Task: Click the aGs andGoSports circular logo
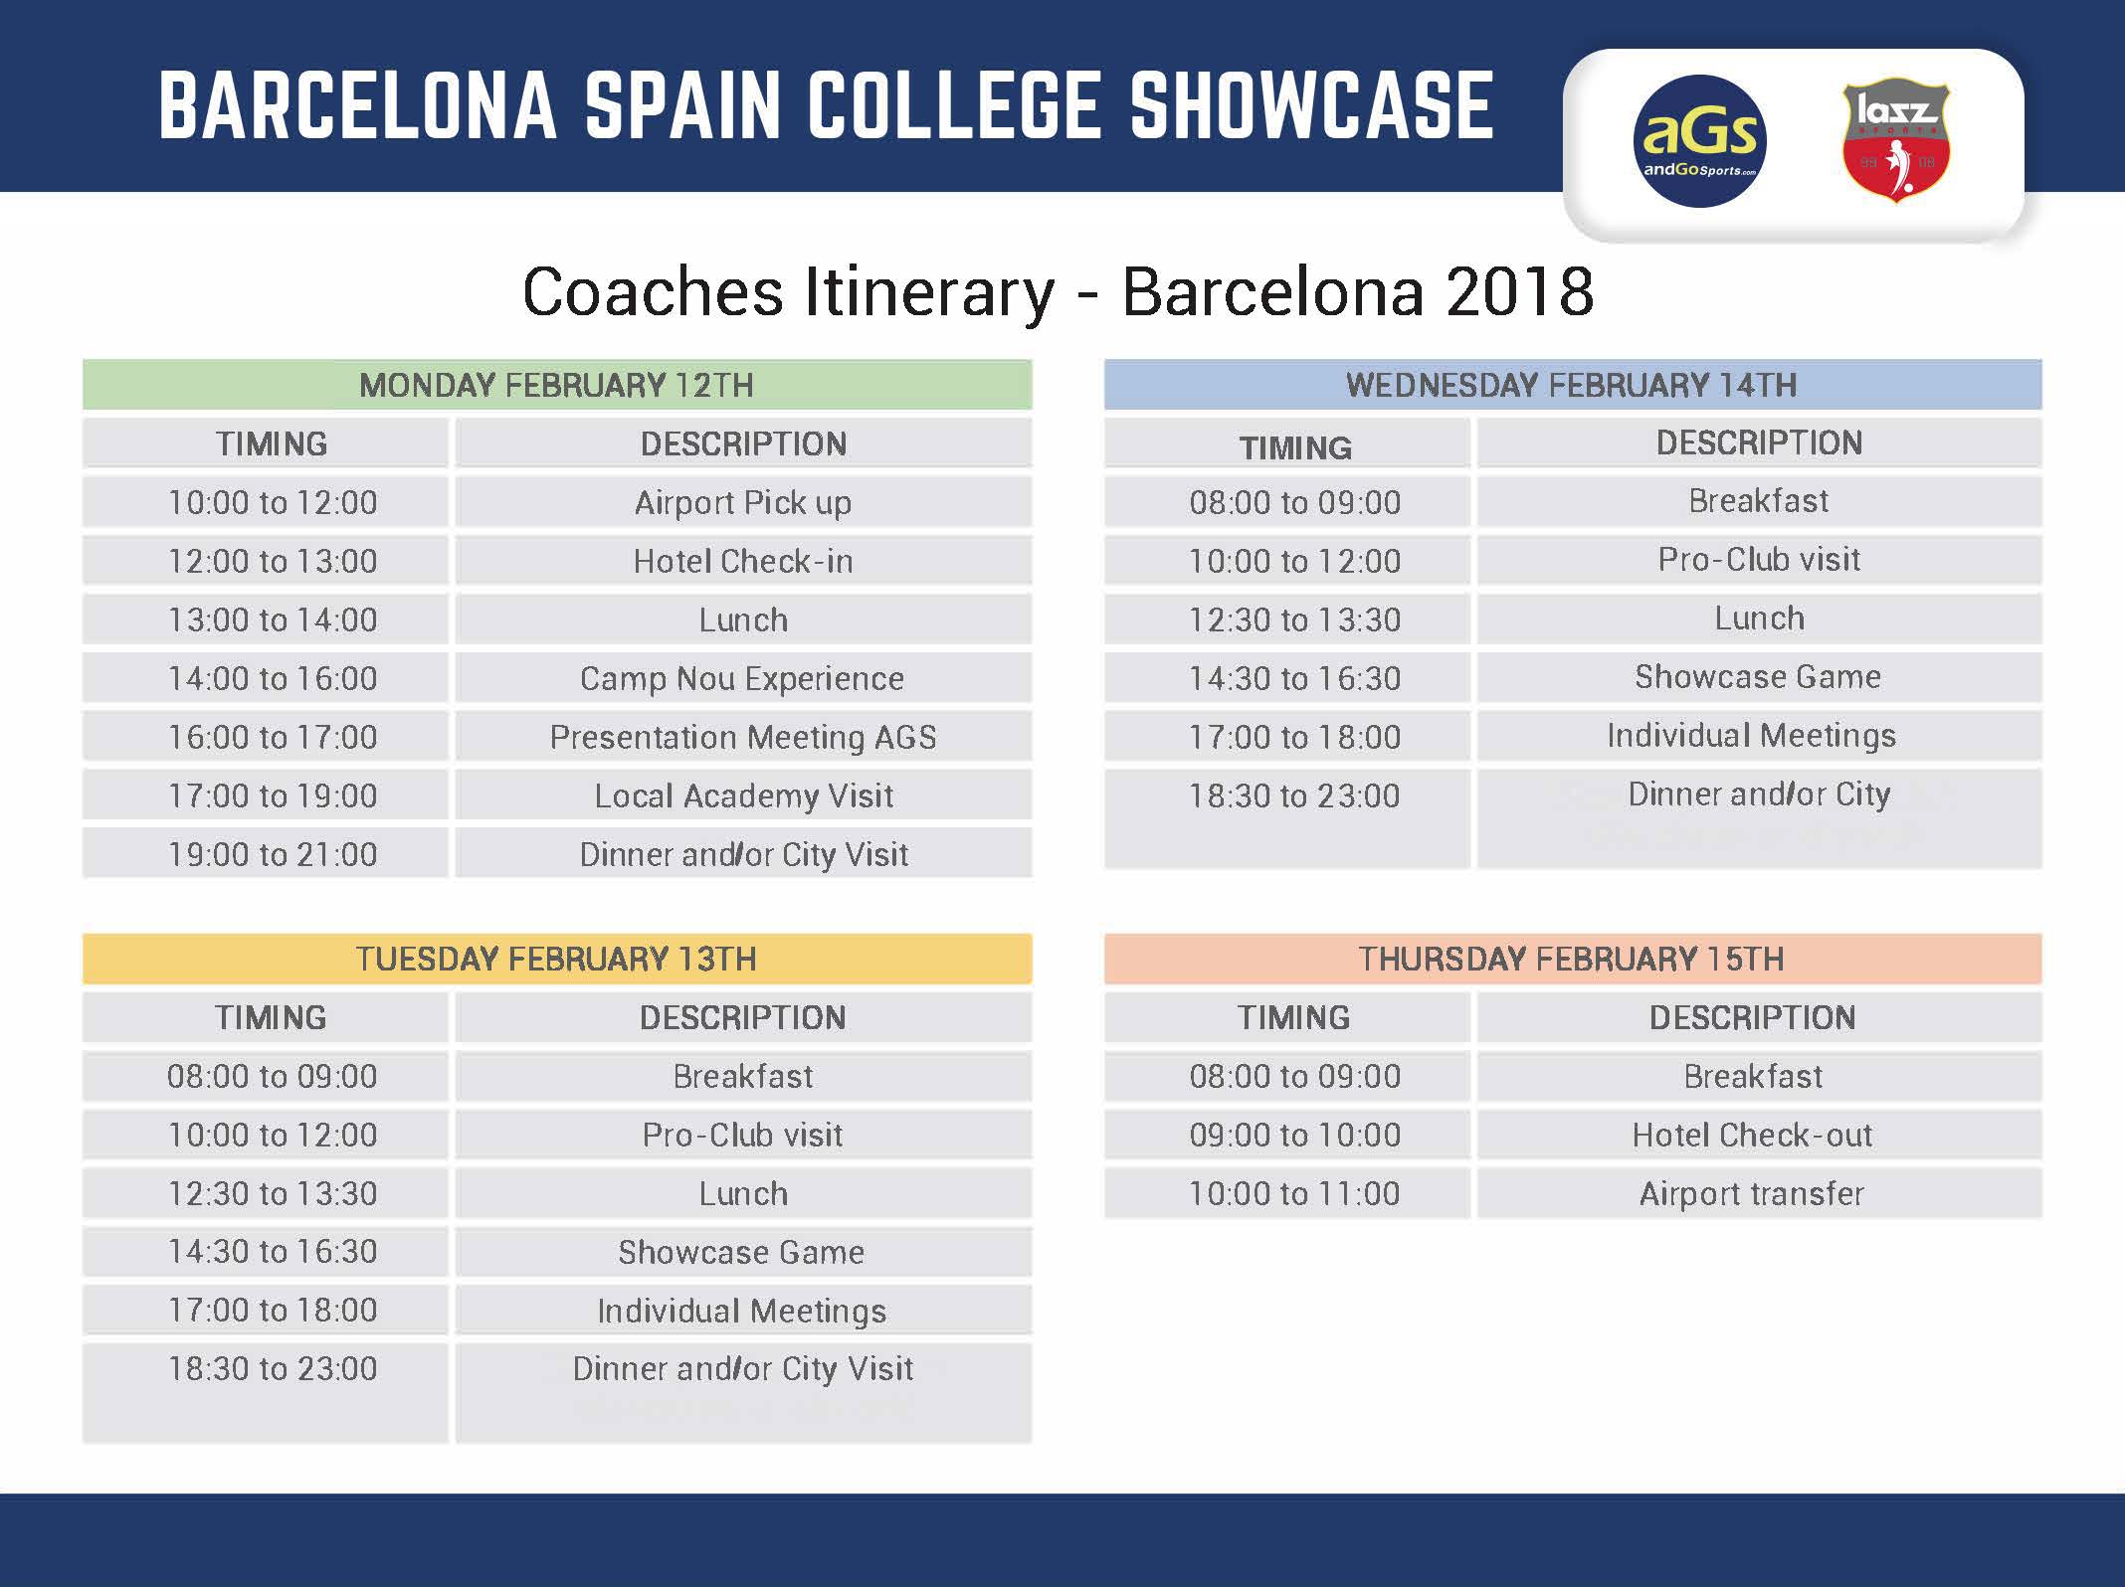click(1699, 141)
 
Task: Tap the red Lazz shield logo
click(1896, 141)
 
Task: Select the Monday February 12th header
click(557, 385)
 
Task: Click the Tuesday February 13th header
click(557, 959)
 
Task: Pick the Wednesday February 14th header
click(1573, 385)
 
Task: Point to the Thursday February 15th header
click(1573, 959)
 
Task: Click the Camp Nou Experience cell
click(743, 678)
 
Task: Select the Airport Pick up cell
click(743, 502)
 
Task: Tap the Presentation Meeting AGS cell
click(743, 737)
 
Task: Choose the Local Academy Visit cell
click(743, 795)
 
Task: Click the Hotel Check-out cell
click(1759, 1135)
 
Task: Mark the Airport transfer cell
click(1759, 1193)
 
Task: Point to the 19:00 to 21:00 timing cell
click(266, 854)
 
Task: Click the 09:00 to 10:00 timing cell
click(1287, 1135)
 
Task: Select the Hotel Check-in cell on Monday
click(743, 561)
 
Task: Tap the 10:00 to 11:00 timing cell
click(1287, 1193)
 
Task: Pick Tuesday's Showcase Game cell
click(743, 1252)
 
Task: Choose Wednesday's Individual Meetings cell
click(1759, 735)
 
